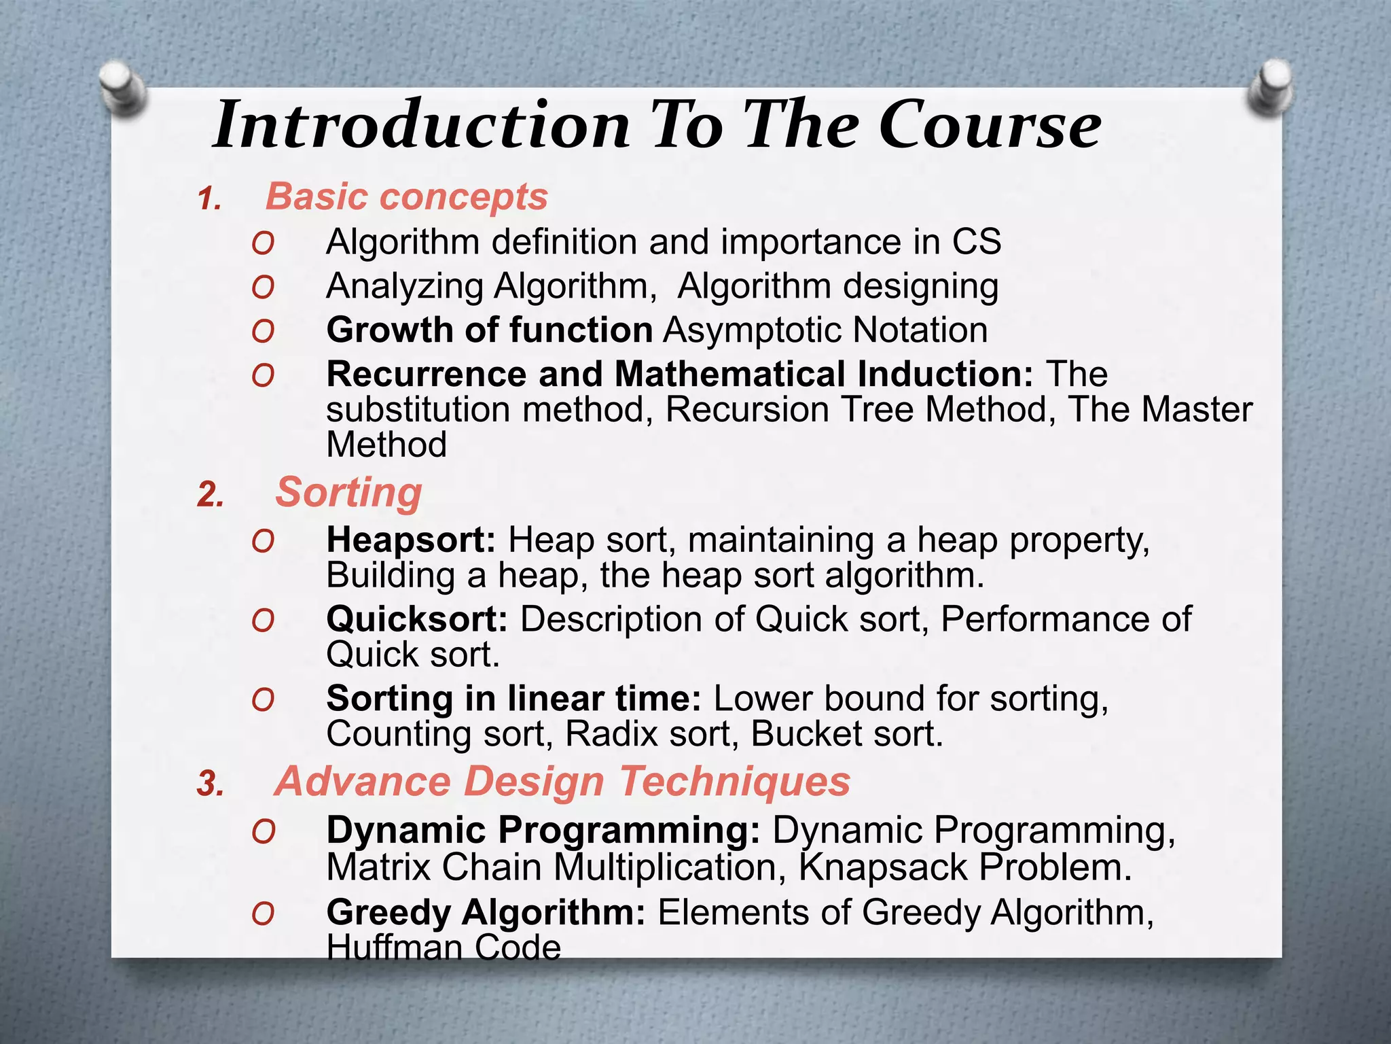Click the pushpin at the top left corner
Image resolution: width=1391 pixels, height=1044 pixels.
[x=123, y=87]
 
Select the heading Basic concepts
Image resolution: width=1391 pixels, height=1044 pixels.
[x=406, y=197]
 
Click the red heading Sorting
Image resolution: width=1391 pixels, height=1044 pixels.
[x=348, y=493]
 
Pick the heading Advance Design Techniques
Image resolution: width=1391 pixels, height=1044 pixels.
[x=562, y=782]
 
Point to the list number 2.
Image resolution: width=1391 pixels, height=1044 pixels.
[x=210, y=495]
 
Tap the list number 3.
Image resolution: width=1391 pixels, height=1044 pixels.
[x=210, y=784]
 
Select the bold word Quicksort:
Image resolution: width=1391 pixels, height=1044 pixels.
[x=416, y=620]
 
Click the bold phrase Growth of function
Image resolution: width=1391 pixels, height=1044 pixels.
[x=489, y=331]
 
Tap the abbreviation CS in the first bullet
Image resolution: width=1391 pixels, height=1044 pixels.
[x=976, y=243]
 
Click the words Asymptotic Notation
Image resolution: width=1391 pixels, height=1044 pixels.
[x=825, y=331]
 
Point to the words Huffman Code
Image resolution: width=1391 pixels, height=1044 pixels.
[x=444, y=946]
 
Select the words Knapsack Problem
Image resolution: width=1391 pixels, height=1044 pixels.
[x=964, y=868]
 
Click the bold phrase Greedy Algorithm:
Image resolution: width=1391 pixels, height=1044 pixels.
[x=485, y=913]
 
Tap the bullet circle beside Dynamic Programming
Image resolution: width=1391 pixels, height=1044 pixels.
[x=263, y=833]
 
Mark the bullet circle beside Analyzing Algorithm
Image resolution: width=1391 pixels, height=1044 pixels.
[x=263, y=288]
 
